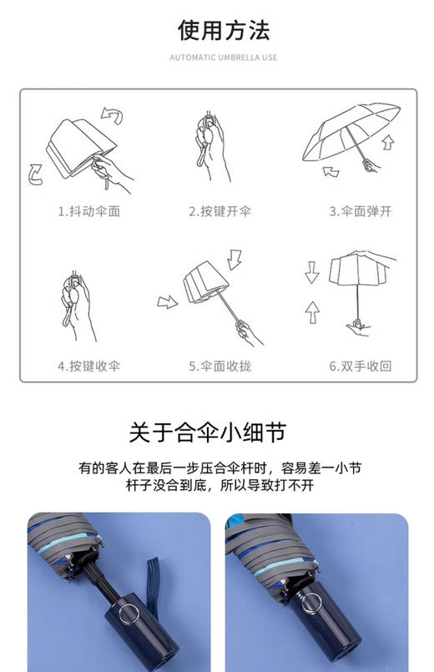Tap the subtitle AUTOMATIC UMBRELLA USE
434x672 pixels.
tap(223, 58)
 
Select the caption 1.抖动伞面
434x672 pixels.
tap(88, 211)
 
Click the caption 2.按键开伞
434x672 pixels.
tap(220, 211)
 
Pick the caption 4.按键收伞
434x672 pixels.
tap(88, 366)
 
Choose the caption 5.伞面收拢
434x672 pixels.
tap(220, 366)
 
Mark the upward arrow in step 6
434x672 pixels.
tap(312, 312)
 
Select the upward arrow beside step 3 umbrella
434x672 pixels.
tap(386, 144)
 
